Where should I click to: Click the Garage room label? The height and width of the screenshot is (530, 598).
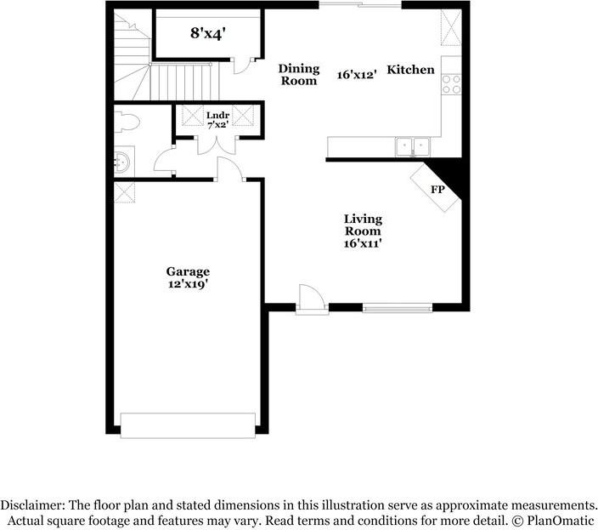pyautogui.click(x=188, y=272)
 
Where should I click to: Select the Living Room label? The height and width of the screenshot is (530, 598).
pyautogui.click(x=363, y=225)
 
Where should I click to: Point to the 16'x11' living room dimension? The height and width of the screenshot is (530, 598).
pyautogui.click(x=363, y=243)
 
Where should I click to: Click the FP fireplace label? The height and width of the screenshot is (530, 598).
pyautogui.click(x=437, y=190)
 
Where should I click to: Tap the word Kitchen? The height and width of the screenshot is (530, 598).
pyautogui.click(x=411, y=70)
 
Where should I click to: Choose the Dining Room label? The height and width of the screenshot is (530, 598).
pyautogui.click(x=299, y=75)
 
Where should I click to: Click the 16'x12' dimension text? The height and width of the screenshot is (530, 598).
pyautogui.click(x=356, y=75)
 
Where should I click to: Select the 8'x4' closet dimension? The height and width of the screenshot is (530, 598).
pyautogui.click(x=207, y=35)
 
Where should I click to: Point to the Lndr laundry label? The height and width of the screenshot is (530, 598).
pyautogui.click(x=217, y=115)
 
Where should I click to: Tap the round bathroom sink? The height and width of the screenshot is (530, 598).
pyautogui.click(x=122, y=159)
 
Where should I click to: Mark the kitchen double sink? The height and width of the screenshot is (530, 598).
pyautogui.click(x=413, y=147)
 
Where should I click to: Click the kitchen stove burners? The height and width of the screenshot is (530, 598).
pyautogui.click(x=452, y=83)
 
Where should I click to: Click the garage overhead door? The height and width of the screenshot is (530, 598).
pyautogui.click(x=188, y=425)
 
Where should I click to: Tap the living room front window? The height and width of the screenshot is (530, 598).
pyautogui.click(x=398, y=307)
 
